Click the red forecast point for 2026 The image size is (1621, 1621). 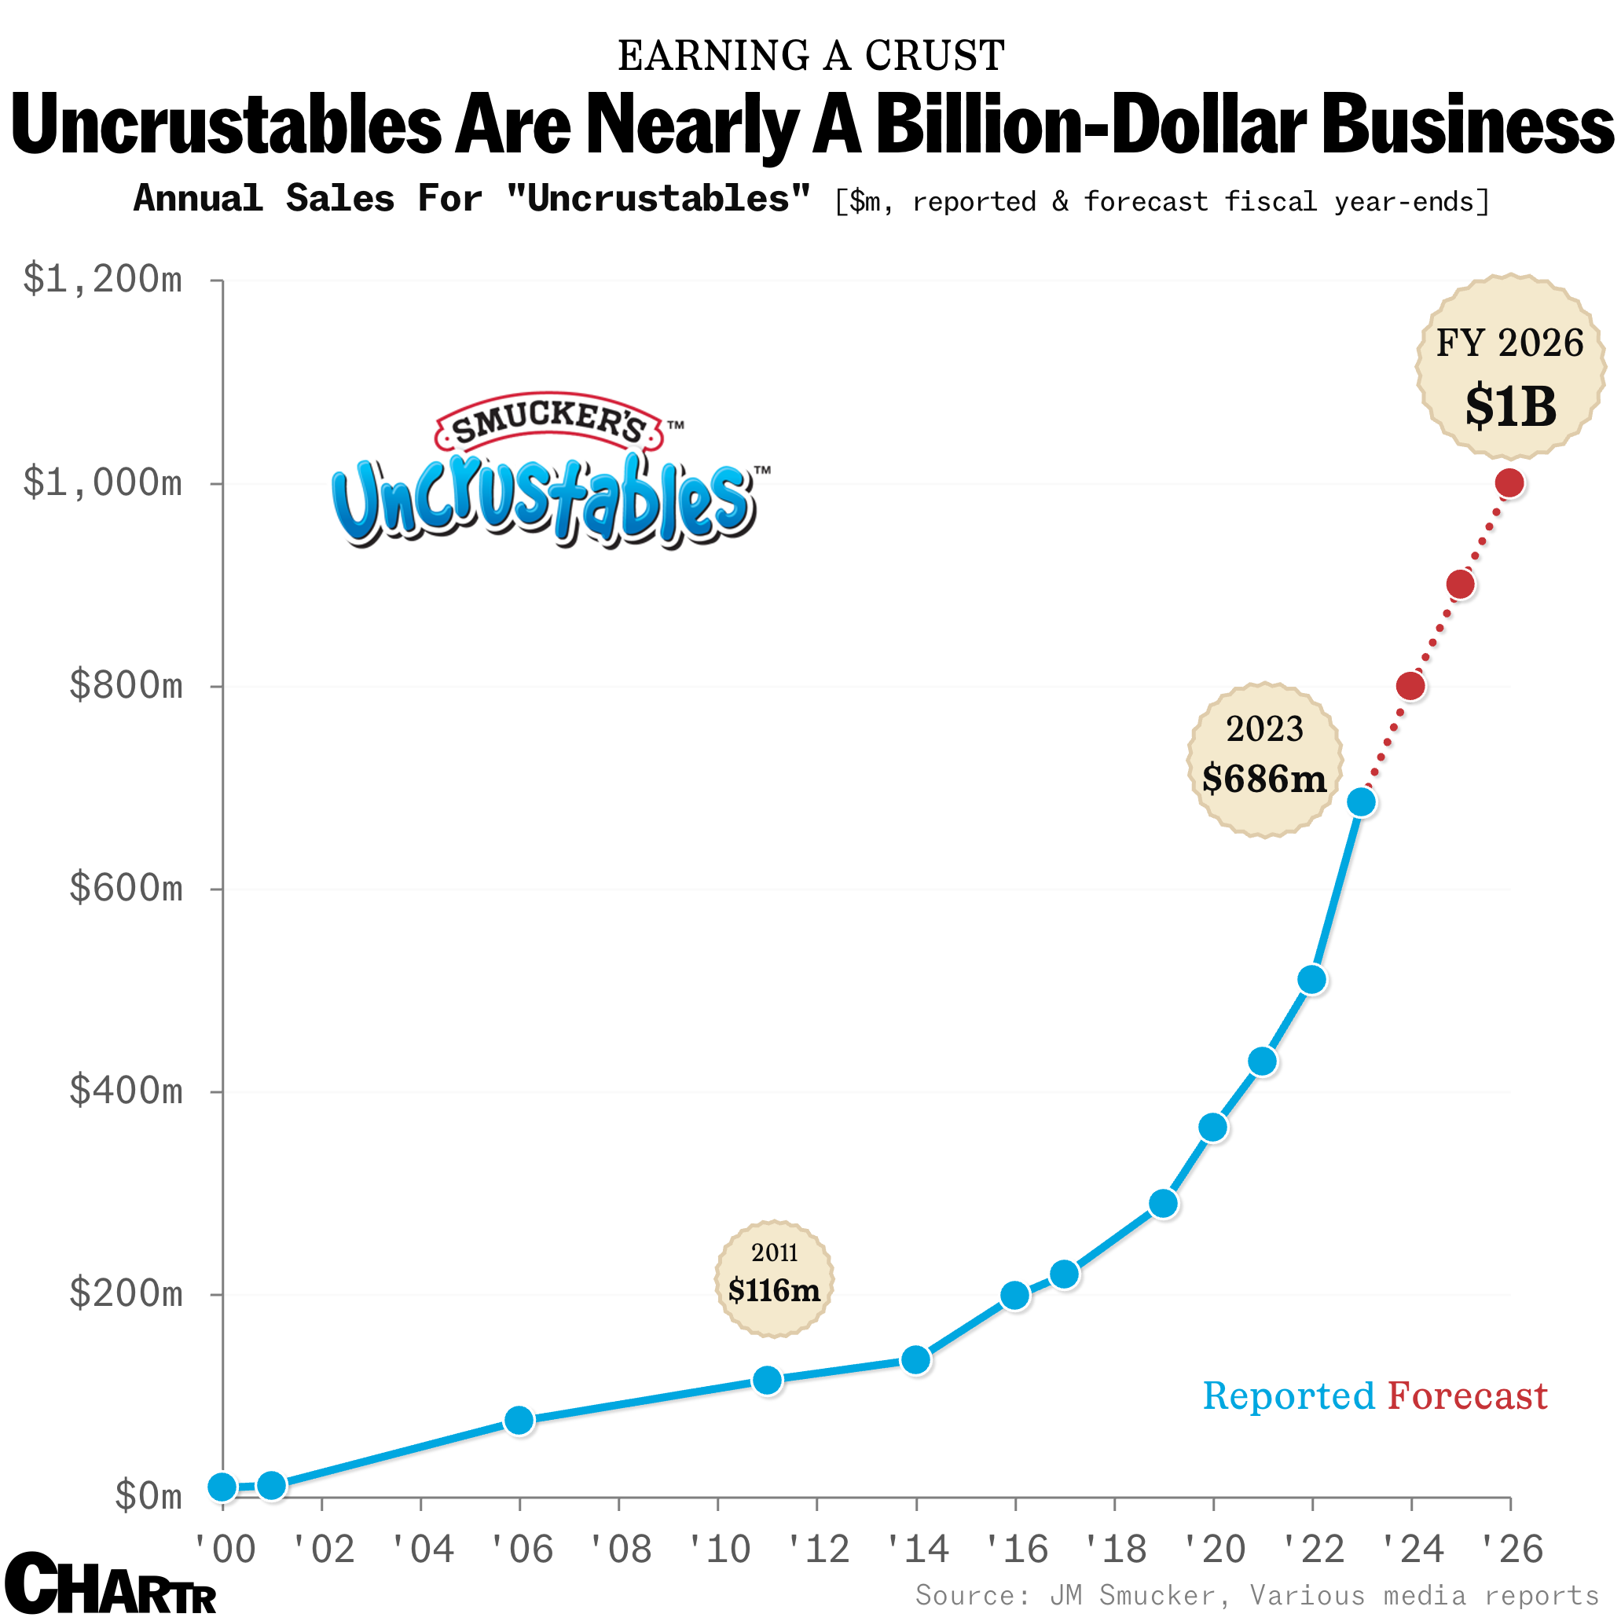pyautogui.click(x=1509, y=483)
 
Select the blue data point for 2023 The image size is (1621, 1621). pyautogui.click(x=1362, y=802)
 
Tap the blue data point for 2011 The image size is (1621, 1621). pyautogui.click(x=768, y=1381)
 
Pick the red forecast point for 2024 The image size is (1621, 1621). pyautogui.click(x=1411, y=685)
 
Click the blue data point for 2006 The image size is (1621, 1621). pyautogui.click(x=519, y=1421)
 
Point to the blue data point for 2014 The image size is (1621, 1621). pyautogui.click(x=915, y=1359)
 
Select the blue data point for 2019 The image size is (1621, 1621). pyautogui.click(x=1163, y=1204)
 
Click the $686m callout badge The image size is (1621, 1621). pyautogui.click(x=1264, y=759)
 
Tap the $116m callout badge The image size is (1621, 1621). pyautogui.click(x=774, y=1279)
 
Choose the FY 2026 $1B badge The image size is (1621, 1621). pyautogui.click(x=1510, y=367)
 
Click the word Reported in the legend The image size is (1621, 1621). pyautogui.click(x=1288, y=1397)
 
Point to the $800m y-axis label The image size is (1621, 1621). pyautogui.click(x=126, y=685)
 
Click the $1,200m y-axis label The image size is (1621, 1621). pyautogui.click(x=102, y=280)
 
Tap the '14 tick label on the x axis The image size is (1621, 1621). pyautogui.click(x=917, y=1549)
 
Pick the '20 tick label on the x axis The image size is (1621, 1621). pyautogui.click(x=1214, y=1549)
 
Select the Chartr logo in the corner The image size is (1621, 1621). pyautogui.click(x=110, y=1583)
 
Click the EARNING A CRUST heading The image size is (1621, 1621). pyautogui.click(x=811, y=57)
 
